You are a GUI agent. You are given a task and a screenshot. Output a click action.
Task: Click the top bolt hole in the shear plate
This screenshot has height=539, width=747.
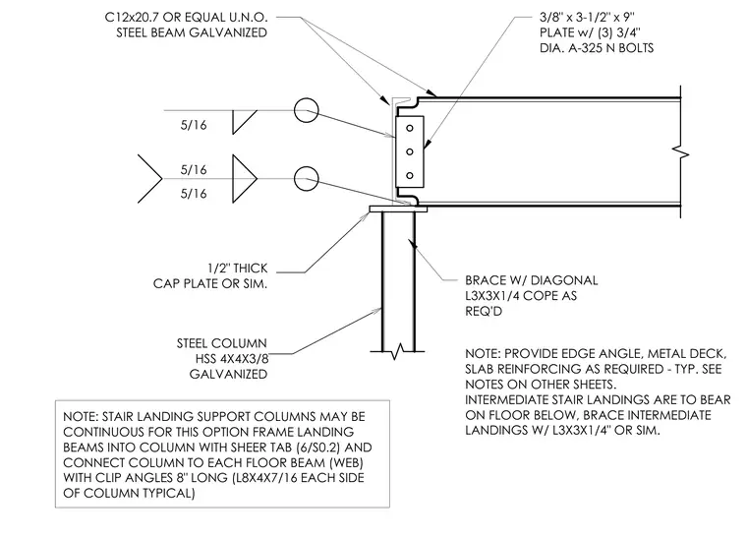409,128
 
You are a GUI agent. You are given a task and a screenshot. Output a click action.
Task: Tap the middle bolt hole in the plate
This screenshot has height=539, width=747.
409,151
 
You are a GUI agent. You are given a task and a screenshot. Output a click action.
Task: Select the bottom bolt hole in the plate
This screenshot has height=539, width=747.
409,175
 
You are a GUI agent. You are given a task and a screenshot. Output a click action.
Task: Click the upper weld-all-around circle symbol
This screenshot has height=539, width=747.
306,110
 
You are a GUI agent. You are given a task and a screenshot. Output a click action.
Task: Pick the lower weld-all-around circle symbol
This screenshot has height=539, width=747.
306,179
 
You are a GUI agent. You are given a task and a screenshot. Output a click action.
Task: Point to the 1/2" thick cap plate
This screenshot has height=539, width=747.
398,210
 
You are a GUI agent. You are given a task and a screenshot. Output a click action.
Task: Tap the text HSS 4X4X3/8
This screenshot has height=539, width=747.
232,359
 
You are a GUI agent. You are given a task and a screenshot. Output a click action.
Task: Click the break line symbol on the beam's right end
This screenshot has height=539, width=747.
681,152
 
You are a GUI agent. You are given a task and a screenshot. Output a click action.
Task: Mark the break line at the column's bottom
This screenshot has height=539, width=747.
397,352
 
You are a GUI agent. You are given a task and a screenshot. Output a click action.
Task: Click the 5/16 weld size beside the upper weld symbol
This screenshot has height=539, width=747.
194,125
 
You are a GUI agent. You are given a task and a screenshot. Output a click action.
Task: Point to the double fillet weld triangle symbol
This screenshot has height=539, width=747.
245,179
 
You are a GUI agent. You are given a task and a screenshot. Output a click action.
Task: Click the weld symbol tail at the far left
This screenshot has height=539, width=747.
150,179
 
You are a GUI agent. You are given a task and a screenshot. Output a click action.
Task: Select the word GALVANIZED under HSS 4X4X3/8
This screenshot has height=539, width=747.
228,374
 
